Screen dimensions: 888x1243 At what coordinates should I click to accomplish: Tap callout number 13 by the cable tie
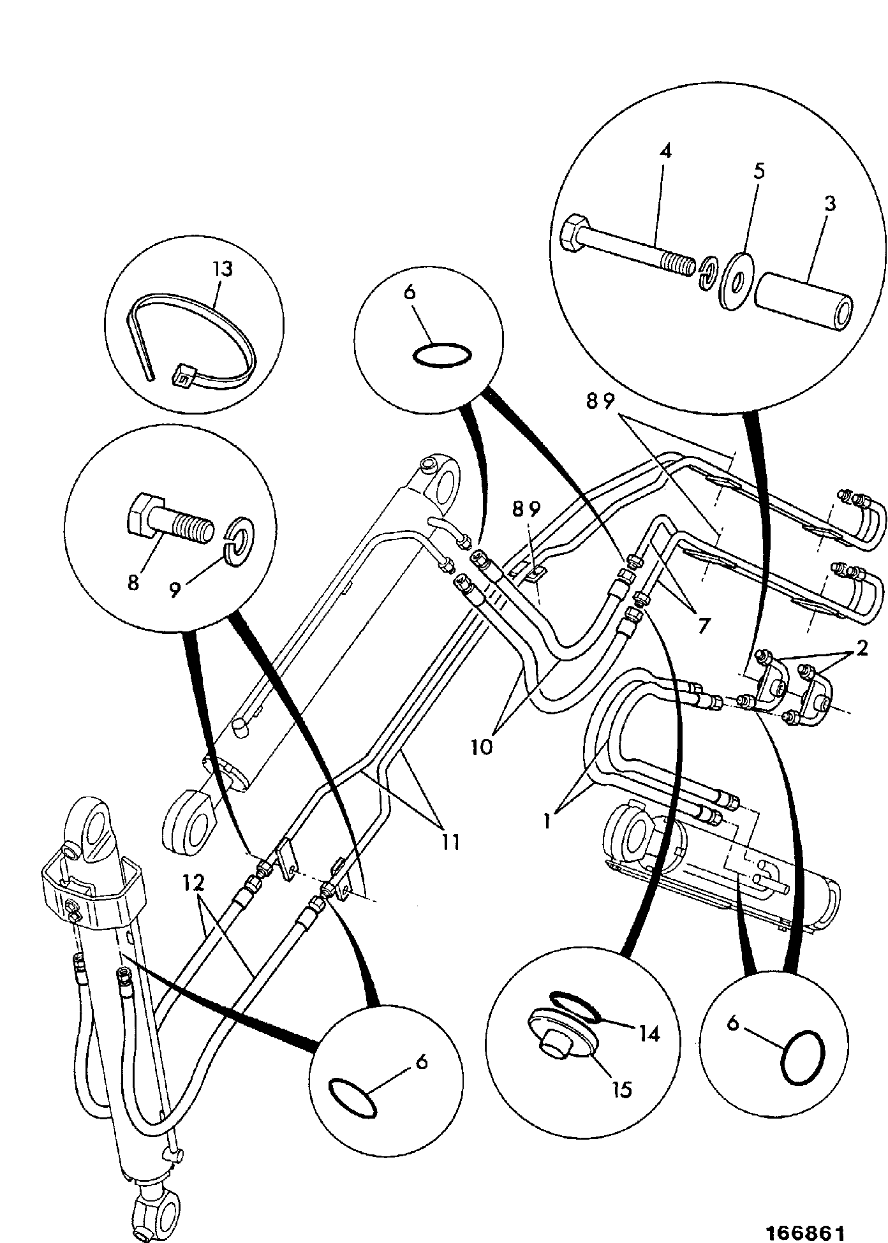[223, 268]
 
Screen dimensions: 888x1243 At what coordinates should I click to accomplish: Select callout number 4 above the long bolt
[665, 152]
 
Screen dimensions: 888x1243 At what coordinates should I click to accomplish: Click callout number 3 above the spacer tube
[829, 204]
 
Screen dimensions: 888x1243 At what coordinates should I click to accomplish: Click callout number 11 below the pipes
[450, 842]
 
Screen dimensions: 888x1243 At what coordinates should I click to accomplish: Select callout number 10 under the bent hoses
[482, 746]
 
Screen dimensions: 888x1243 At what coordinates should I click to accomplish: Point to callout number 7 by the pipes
[703, 626]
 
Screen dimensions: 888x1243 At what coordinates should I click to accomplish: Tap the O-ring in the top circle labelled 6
[443, 355]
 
